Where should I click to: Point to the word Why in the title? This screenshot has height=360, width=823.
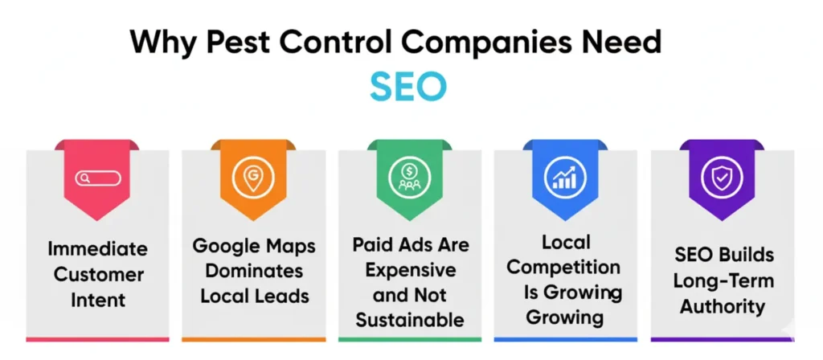165,43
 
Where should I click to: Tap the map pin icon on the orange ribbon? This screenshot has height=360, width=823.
253,178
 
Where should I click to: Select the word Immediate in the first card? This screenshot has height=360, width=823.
96,248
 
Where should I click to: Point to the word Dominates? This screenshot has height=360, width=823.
253,270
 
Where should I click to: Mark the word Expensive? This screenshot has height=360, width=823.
410,270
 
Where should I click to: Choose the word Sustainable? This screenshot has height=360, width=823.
410,320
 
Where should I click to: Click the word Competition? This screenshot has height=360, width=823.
564,267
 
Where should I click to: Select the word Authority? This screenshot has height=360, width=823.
722,306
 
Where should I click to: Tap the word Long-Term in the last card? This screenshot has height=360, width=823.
722,281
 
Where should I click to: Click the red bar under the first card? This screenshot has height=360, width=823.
97,339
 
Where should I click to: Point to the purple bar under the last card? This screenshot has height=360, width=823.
722,339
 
